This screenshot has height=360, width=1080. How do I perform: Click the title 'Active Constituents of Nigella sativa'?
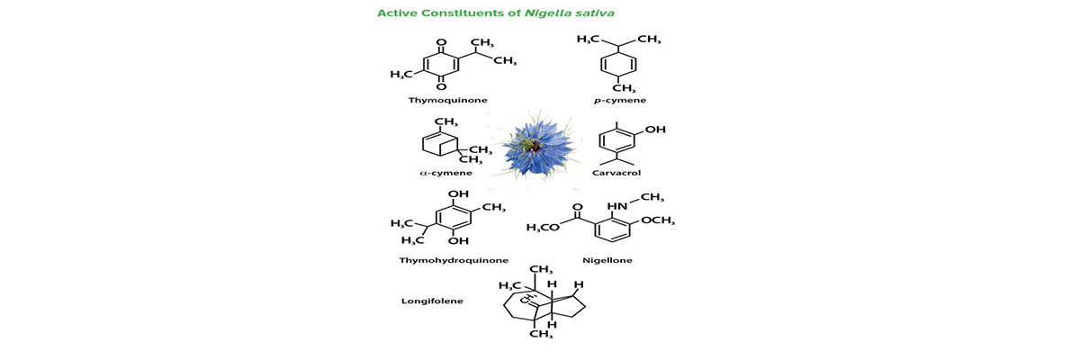(x=496, y=13)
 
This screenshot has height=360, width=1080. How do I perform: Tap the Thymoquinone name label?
(x=448, y=100)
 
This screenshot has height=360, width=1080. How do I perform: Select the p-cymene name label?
(x=620, y=100)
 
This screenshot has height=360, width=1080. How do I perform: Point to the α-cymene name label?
(x=446, y=173)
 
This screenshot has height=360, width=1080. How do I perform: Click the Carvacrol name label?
(x=616, y=173)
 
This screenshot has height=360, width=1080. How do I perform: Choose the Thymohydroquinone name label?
(x=454, y=260)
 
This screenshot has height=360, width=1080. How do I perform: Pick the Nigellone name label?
(x=607, y=260)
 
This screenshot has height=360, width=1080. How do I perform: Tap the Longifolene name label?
(x=433, y=301)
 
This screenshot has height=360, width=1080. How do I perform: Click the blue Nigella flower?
(x=536, y=148)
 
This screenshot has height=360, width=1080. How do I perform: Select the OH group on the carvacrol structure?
(x=655, y=130)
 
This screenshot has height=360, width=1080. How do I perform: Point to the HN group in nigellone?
(x=617, y=206)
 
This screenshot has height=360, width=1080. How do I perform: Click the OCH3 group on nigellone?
(x=658, y=220)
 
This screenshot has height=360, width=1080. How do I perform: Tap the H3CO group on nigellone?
(x=544, y=227)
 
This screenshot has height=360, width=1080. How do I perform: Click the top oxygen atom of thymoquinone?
(x=441, y=42)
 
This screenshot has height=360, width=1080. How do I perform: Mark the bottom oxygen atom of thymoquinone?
(x=441, y=86)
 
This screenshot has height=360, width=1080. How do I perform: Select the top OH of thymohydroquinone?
(x=458, y=193)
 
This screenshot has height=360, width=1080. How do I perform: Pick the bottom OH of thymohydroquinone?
(x=458, y=240)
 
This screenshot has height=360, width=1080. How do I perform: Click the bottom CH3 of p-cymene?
(x=625, y=88)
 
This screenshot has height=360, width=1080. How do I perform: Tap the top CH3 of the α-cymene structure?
(x=446, y=121)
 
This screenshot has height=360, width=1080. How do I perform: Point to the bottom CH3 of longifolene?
(x=542, y=334)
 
